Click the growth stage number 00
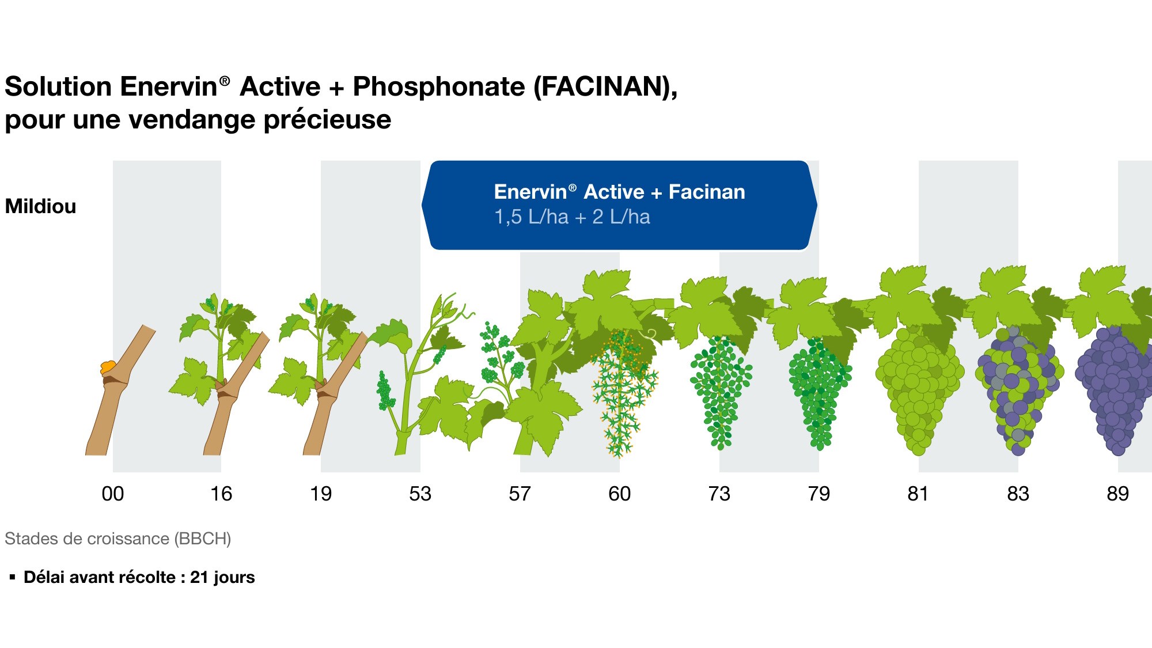(x=112, y=494)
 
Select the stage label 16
(x=221, y=494)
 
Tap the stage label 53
(x=420, y=494)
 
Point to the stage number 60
(x=619, y=494)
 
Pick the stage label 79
(x=818, y=494)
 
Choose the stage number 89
(x=1117, y=494)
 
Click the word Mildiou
(x=40, y=206)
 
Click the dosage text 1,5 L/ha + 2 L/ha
(x=572, y=217)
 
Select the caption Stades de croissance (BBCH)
(x=118, y=539)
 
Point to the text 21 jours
(x=222, y=577)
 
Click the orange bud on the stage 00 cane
(x=108, y=367)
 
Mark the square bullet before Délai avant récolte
(x=12, y=577)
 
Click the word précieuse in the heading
(x=327, y=120)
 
